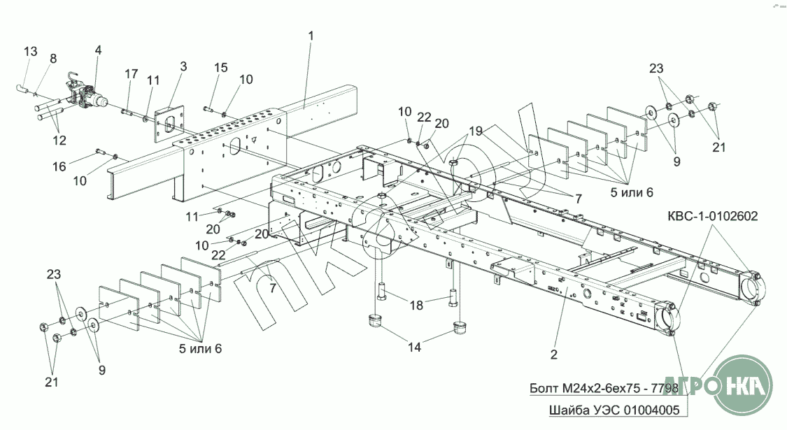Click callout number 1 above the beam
tap(311, 36)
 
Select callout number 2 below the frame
tap(553, 354)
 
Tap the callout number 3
tap(183, 67)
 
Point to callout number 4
tap(98, 50)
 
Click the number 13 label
tap(31, 52)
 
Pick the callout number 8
tap(53, 59)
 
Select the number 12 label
tap(59, 140)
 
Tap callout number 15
tap(221, 68)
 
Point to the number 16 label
tap(59, 166)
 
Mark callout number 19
tap(476, 131)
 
